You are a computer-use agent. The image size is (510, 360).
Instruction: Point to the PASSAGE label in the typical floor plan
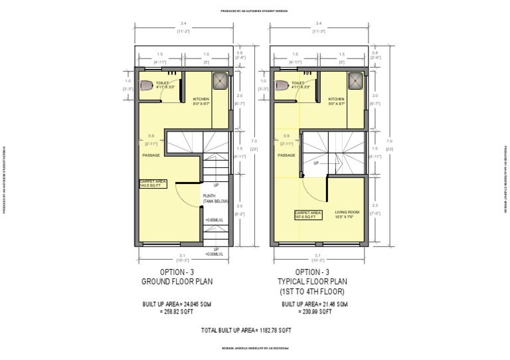(286, 155)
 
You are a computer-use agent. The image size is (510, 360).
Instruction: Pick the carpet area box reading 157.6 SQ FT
(308, 214)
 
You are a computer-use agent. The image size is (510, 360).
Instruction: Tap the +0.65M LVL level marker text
(215, 220)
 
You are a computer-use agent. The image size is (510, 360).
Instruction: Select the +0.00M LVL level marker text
(215, 252)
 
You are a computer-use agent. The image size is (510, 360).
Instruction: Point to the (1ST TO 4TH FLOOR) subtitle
(312, 292)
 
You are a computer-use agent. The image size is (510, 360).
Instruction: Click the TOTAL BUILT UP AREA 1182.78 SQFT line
(246, 329)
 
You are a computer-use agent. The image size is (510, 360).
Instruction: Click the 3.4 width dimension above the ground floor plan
(183, 25)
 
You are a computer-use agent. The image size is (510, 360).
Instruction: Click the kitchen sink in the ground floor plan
(220, 81)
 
